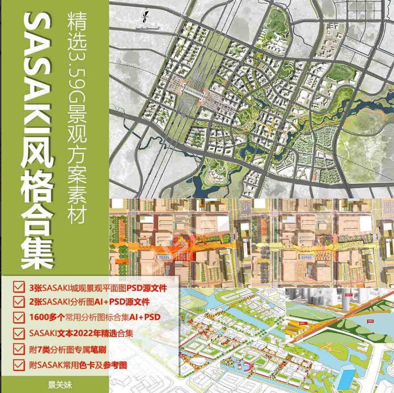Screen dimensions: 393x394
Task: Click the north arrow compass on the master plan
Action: (146, 18)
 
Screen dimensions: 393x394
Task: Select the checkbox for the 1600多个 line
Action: (19, 317)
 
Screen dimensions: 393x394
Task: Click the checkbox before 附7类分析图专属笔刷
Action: (19, 348)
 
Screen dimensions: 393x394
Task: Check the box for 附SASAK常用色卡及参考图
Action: (19, 364)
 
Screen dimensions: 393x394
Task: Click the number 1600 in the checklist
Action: (38, 317)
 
